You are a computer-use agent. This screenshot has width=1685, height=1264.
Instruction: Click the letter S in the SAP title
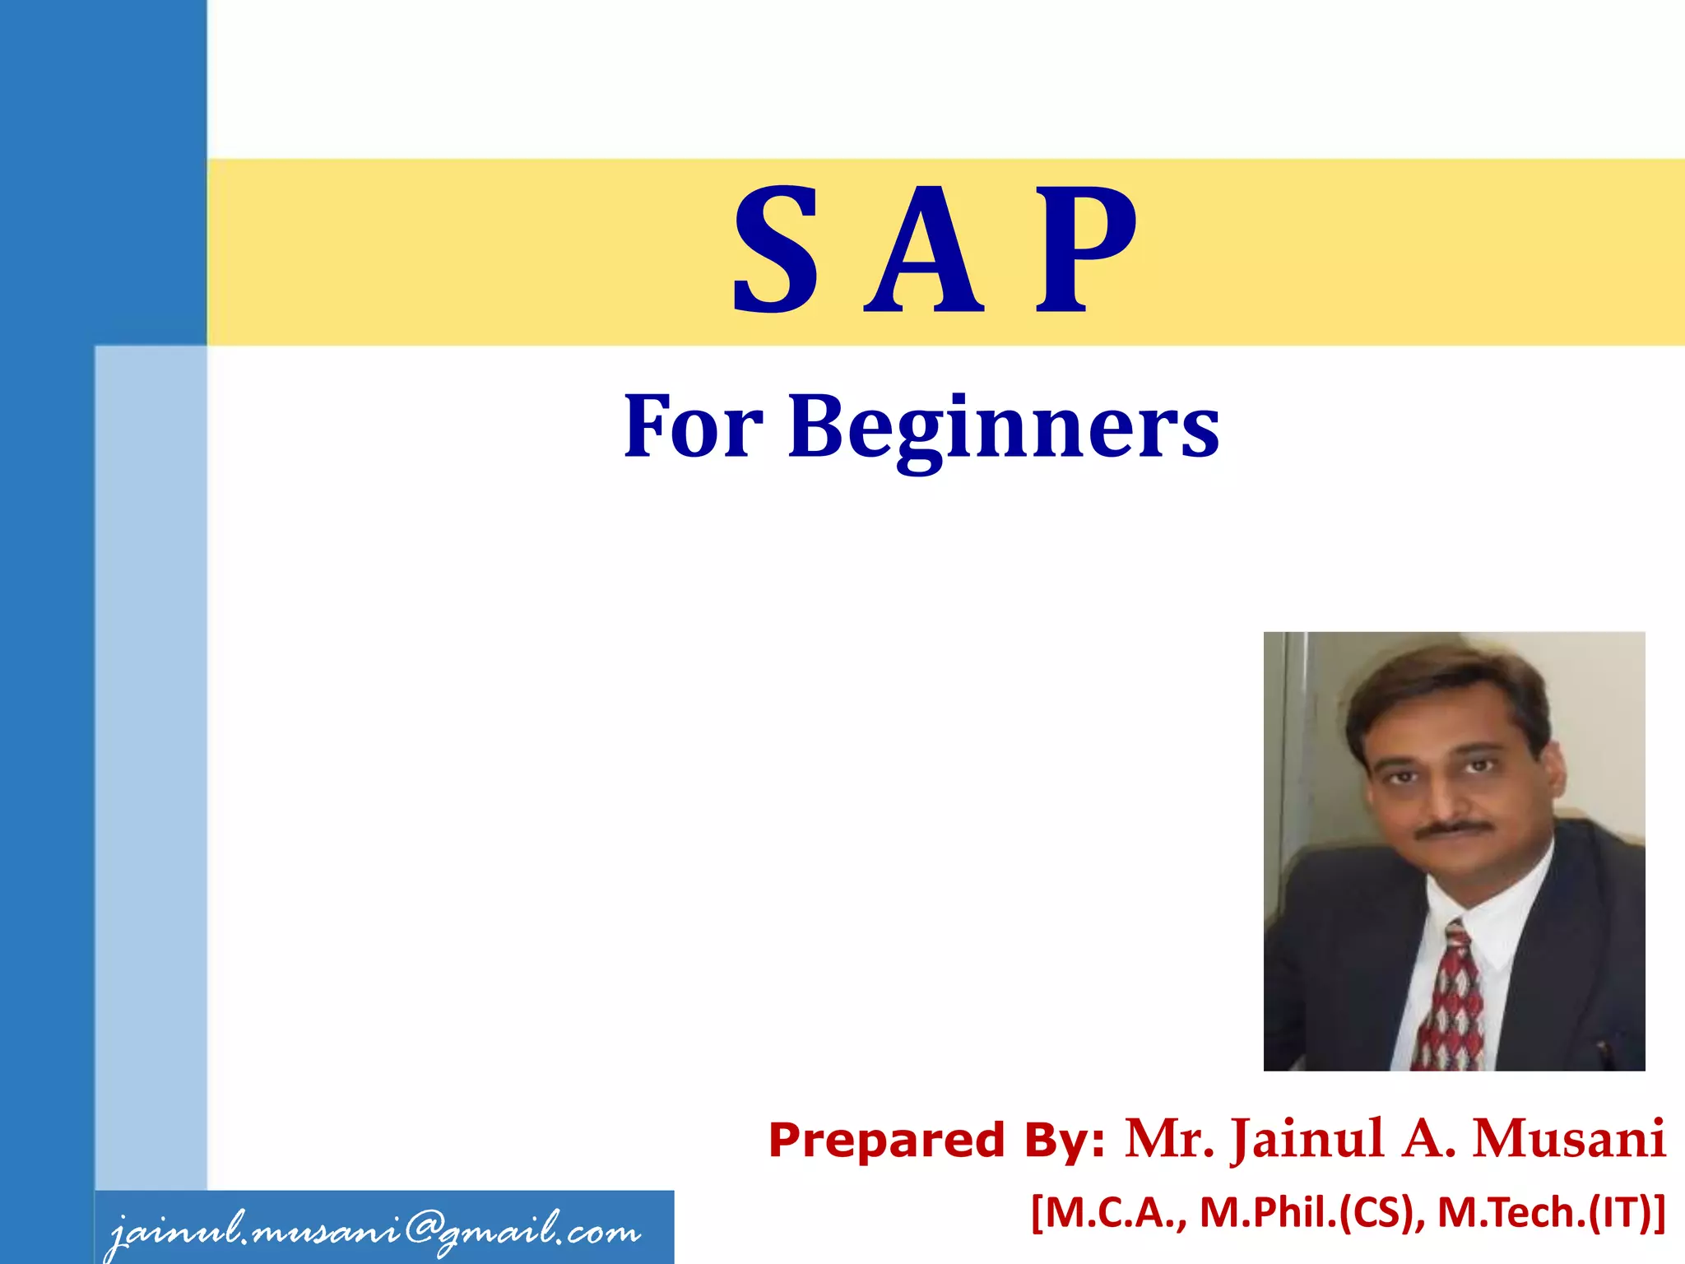click(776, 251)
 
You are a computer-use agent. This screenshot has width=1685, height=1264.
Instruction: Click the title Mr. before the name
click(1169, 1140)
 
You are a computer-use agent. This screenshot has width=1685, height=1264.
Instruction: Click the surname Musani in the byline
click(1568, 1140)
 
